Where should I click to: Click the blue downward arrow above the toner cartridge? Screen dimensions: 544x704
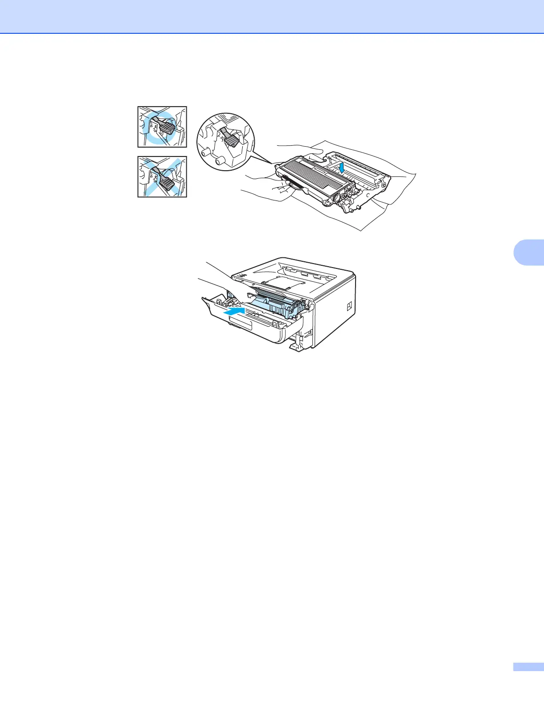click(x=341, y=168)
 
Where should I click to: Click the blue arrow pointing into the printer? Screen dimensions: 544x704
click(x=234, y=311)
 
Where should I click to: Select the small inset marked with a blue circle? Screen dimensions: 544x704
click(x=162, y=127)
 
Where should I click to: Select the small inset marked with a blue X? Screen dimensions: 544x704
click(x=162, y=177)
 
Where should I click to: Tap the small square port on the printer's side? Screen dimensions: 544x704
click(x=349, y=306)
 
